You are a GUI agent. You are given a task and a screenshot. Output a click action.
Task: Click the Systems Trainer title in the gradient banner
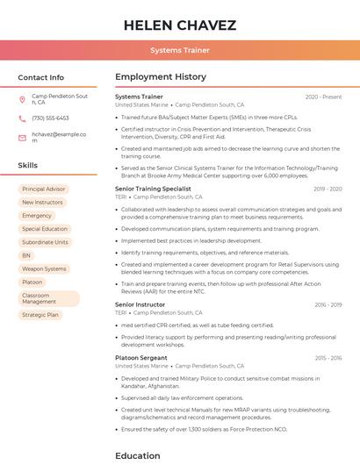tap(179, 51)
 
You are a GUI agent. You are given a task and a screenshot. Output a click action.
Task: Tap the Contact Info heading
tap(40, 77)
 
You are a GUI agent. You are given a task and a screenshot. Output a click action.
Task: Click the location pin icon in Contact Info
tap(22, 99)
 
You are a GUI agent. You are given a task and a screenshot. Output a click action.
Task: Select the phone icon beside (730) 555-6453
tap(22, 118)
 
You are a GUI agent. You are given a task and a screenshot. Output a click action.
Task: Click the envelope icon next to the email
tap(22, 136)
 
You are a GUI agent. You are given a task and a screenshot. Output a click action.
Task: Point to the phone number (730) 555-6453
tap(50, 118)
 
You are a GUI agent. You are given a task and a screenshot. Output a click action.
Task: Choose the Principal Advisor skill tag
tap(44, 189)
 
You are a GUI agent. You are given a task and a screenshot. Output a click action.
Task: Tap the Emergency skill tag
tap(37, 215)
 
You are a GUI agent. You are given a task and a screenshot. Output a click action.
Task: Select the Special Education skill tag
tap(45, 229)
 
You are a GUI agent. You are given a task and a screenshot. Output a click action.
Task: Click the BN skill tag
tap(26, 255)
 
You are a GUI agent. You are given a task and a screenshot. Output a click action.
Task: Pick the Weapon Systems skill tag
tap(44, 268)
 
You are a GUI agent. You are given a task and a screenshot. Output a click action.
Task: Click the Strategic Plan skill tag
tap(40, 314)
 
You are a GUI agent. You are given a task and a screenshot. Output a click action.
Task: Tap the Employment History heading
tap(161, 77)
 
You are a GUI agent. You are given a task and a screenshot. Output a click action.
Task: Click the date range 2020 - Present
tap(323, 97)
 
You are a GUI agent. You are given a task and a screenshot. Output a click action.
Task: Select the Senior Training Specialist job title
tap(153, 189)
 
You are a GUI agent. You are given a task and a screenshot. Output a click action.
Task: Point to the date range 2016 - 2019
tap(328, 304)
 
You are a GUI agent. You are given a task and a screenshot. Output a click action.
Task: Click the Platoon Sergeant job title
tap(140, 358)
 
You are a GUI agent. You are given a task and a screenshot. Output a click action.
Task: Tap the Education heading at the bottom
tap(138, 455)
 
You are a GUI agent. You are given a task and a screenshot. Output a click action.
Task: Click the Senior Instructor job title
tap(140, 304)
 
